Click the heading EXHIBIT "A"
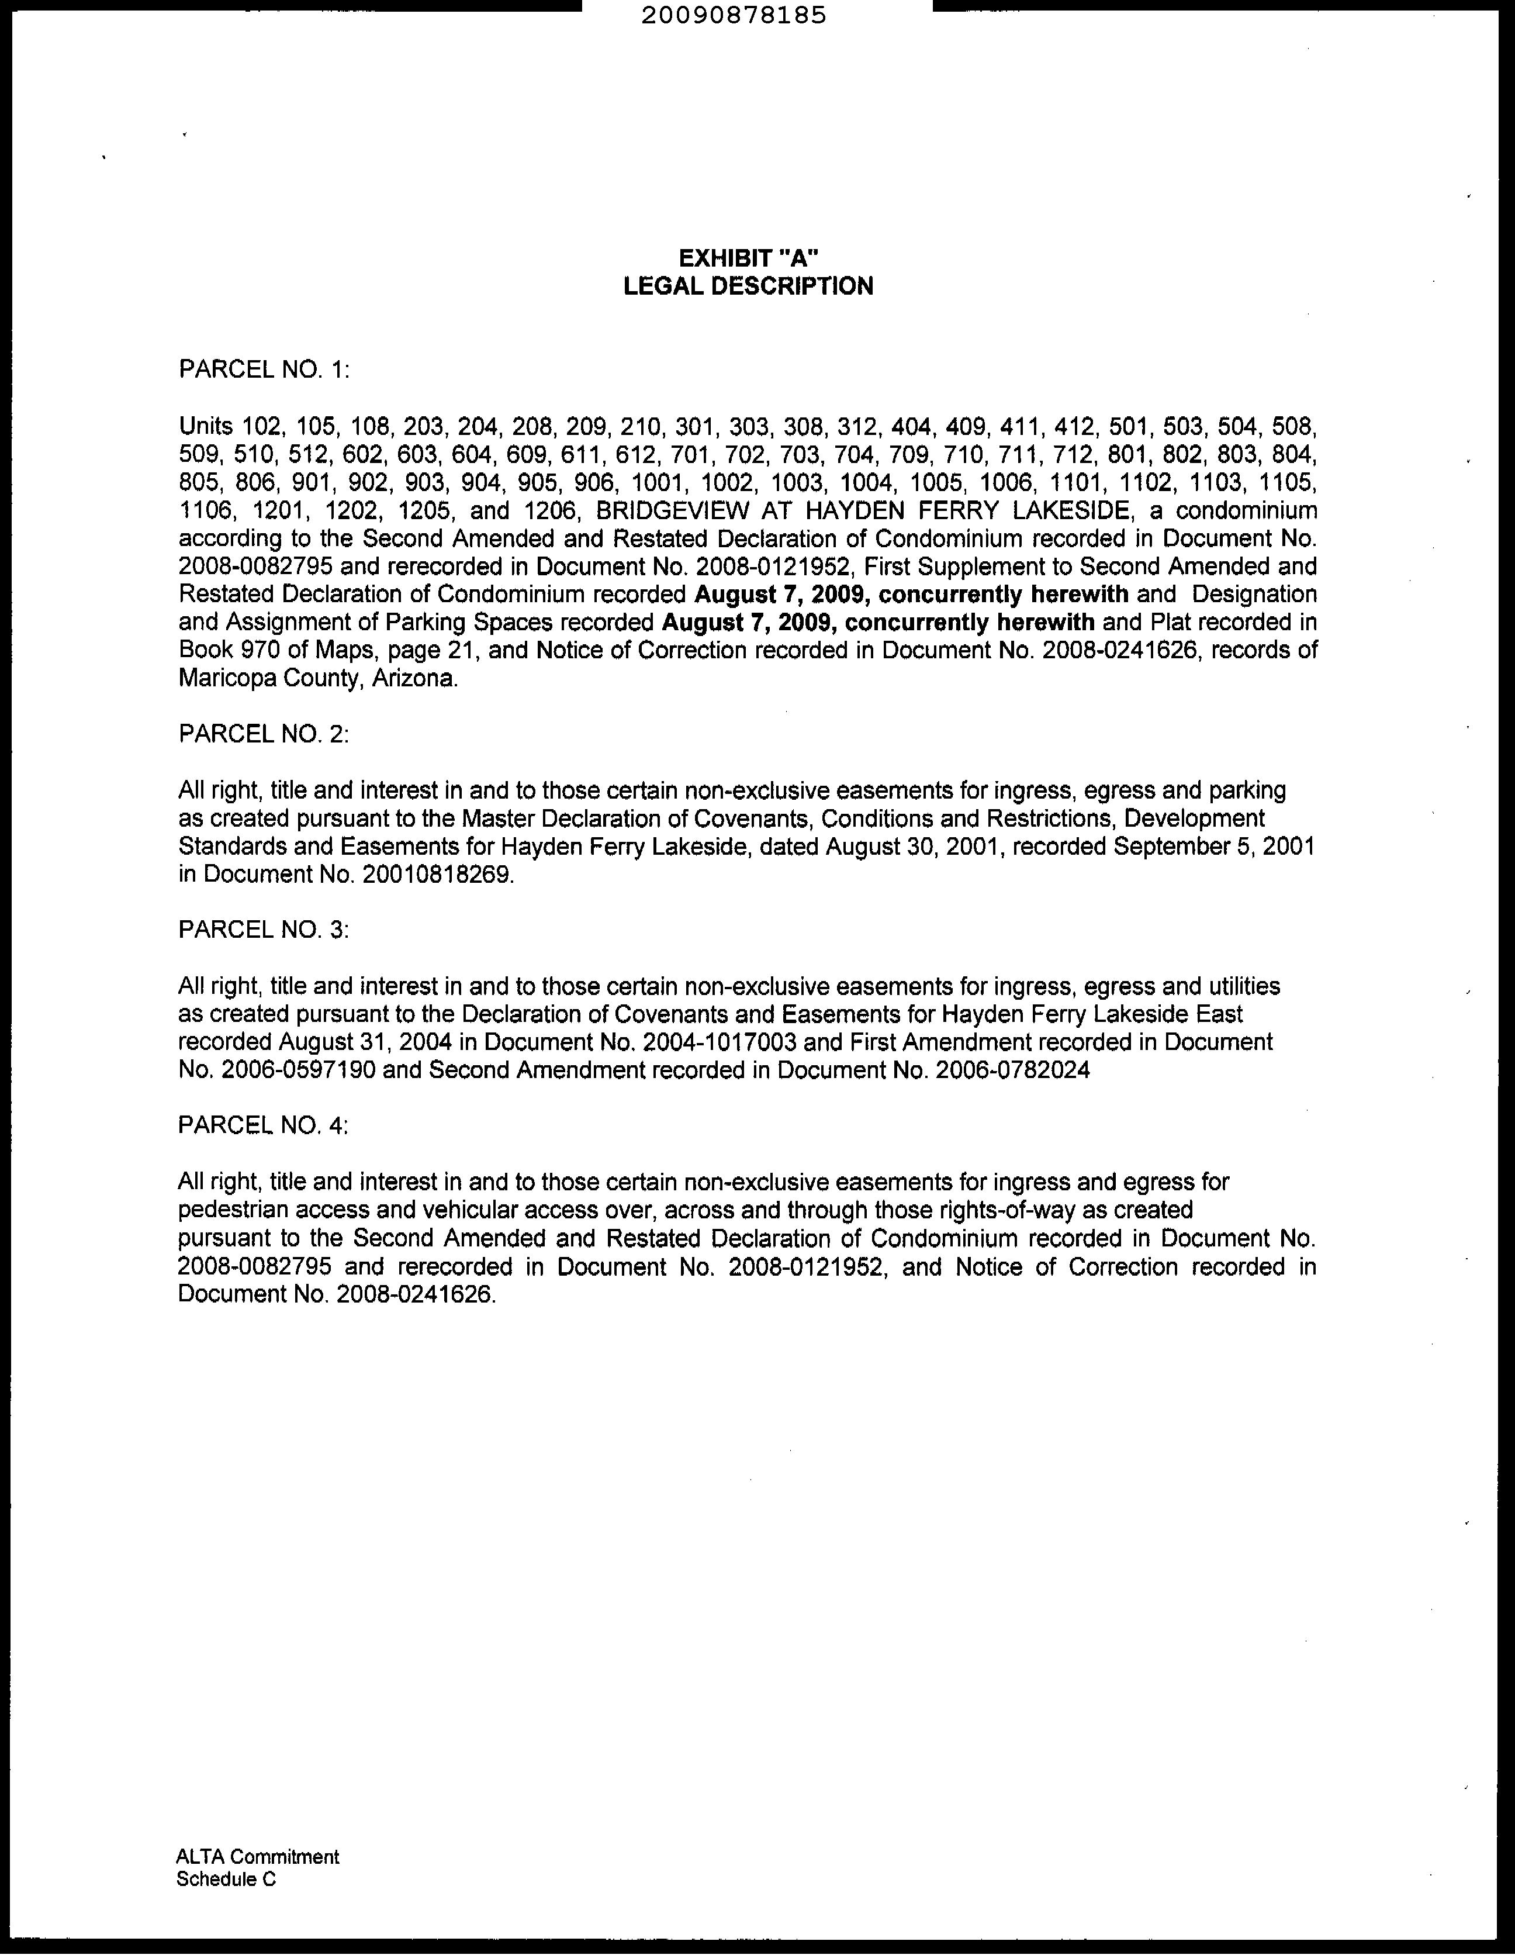pyautogui.click(x=749, y=258)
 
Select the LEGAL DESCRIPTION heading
pyautogui.click(x=748, y=286)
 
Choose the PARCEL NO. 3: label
pyautogui.click(x=263, y=930)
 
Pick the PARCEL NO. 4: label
pyautogui.click(x=263, y=1125)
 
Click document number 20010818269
pyautogui.click(x=438, y=875)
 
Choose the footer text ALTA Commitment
pyautogui.click(x=258, y=1857)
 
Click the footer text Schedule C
pyautogui.click(x=226, y=1879)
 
